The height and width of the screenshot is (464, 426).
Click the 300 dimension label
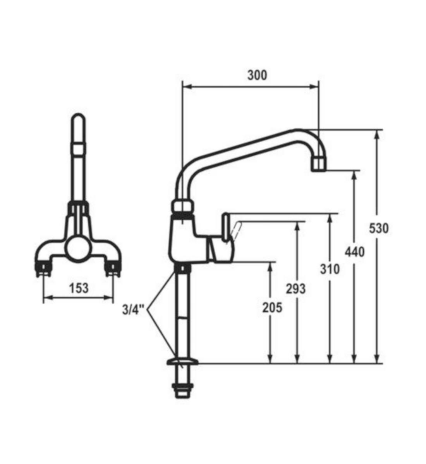(257, 75)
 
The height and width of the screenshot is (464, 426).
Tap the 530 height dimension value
(378, 229)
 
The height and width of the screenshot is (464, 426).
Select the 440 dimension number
(355, 252)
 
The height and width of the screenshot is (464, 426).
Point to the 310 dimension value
(330, 269)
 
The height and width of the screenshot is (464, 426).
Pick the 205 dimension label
(272, 307)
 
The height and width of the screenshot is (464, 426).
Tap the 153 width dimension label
(79, 288)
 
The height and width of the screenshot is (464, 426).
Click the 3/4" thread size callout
(133, 310)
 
